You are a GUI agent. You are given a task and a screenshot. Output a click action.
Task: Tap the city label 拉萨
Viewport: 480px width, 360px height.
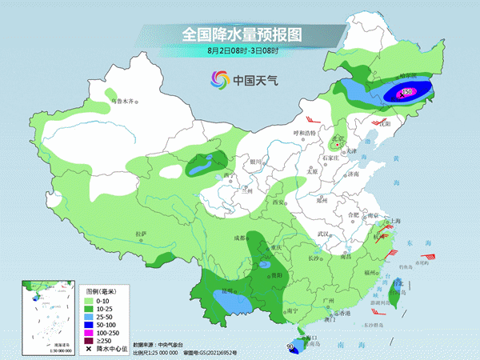point(142,233)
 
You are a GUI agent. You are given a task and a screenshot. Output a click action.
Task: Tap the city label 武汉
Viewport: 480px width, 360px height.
point(323,234)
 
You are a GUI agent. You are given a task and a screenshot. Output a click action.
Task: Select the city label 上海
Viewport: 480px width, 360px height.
point(393,220)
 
